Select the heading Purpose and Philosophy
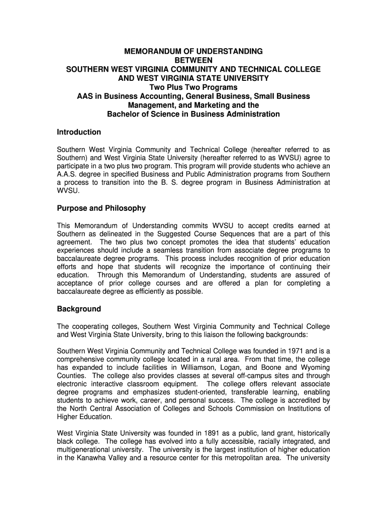(101, 208)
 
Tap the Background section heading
(78, 309)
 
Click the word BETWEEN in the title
(193, 60)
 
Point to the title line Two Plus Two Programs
(193, 87)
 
